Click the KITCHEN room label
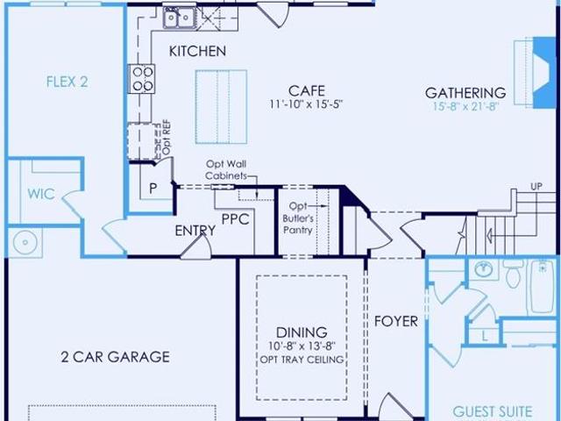click(x=197, y=51)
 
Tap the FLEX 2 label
click(x=67, y=82)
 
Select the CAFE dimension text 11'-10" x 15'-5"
click(x=306, y=104)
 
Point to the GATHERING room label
click(x=465, y=93)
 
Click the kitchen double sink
click(x=179, y=18)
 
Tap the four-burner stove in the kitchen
click(x=142, y=79)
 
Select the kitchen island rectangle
click(x=221, y=107)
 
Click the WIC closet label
click(x=41, y=194)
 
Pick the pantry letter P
click(x=153, y=189)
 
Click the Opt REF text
click(x=167, y=138)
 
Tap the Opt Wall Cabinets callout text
click(x=226, y=170)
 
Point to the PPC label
click(x=235, y=219)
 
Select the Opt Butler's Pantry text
click(x=298, y=218)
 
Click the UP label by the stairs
click(x=536, y=187)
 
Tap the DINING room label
click(x=302, y=332)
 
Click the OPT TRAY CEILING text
click(x=302, y=360)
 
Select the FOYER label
click(x=395, y=322)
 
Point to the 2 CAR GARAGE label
click(x=115, y=357)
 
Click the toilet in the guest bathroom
click(x=514, y=274)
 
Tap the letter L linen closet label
click(x=485, y=337)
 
